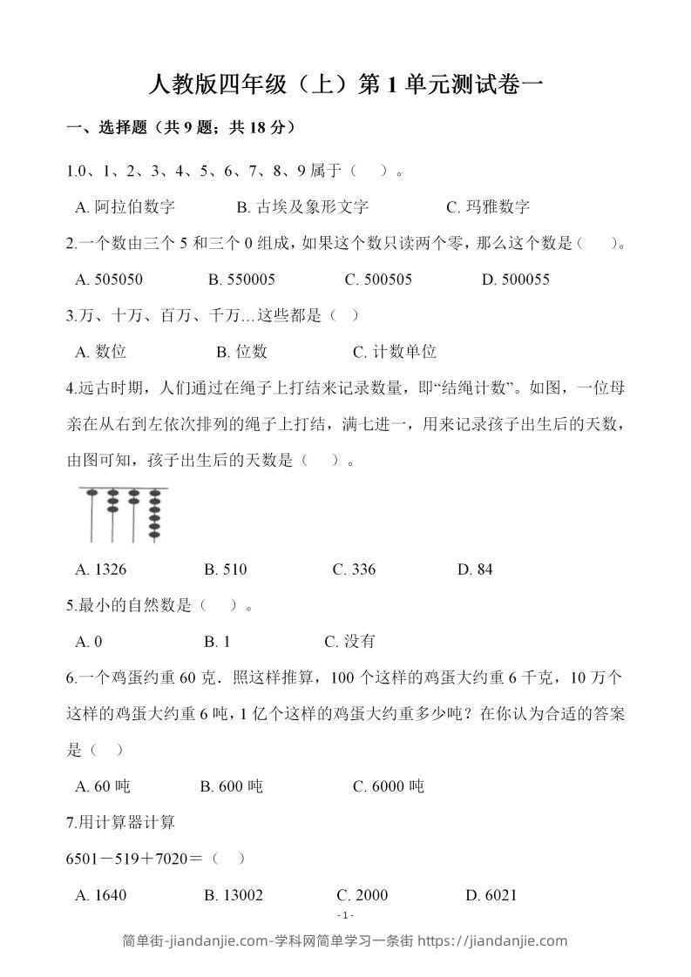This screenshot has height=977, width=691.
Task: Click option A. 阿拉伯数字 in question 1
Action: tap(125, 207)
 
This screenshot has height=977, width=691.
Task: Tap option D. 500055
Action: tap(515, 280)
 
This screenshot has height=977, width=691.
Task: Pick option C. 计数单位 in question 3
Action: tap(395, 352)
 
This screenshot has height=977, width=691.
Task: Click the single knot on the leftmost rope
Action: tap(91, 492)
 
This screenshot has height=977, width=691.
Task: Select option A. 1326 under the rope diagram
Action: tap(101, 569)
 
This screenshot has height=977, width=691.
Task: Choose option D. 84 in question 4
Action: tap(475, 569)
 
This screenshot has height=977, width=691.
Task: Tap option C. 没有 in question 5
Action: tap(349, 642)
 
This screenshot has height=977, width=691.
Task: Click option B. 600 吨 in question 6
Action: tap(231, 786)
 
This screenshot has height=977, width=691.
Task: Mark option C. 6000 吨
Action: tap(389, 786)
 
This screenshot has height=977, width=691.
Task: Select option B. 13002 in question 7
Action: tap(234, 895)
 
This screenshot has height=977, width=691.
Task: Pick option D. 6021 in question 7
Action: tap(491, 895)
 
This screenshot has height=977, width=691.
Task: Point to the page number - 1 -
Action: tap(346, 915)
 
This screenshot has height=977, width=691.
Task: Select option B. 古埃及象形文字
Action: tap(302, 207)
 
